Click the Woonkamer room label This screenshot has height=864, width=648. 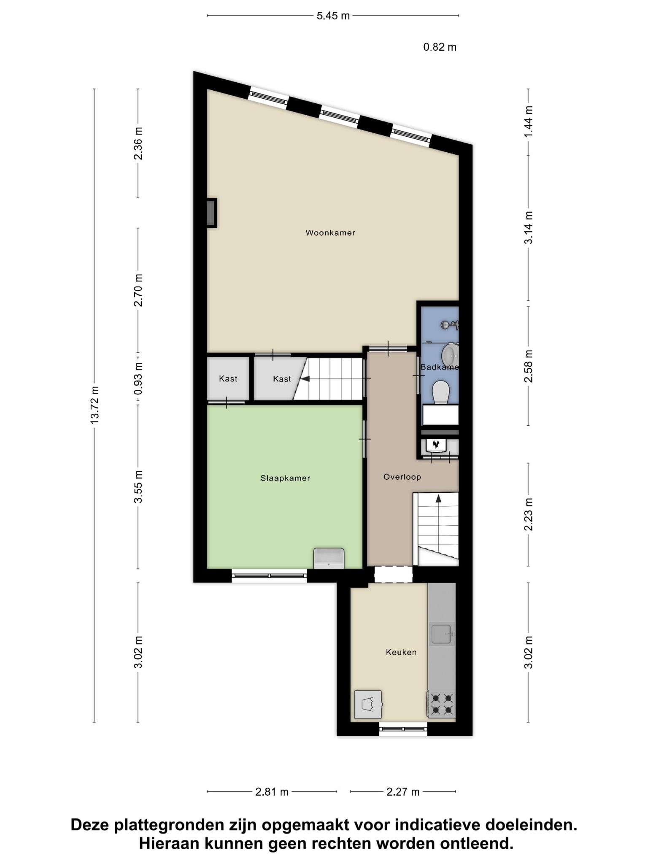pyautogui.click(x=330, y=232)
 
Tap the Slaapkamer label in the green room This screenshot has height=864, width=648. pyautogui.click(x=285, y=478)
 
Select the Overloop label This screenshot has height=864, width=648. pyautogui.click(x=402, y=477)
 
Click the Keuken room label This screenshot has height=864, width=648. pyautogui.click(x=401, y=652)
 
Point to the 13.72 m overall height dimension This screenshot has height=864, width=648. pyautogui.click(x=94, y=405)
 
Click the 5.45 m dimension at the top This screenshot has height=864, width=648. pyautogui.click(x=333, y=16)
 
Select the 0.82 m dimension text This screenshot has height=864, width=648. pyautogui.click(x=440, y=47)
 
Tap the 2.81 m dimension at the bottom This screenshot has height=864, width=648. pyautogui.click(x=272, y=792)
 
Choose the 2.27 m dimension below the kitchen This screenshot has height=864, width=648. pyautogui.click(x=403, y=792)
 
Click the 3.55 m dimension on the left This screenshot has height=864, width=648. pyautogui.click(x=138, y=487)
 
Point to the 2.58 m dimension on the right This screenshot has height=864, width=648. pyautogui.click(x=528, y=366)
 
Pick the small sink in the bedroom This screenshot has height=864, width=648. pyautogui.click(x=329, y=558)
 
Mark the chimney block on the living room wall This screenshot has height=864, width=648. pyautogui.click(x=211, y=213)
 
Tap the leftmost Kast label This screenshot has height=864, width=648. pyautogui.click(x=228, y=378)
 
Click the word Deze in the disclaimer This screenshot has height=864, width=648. pyautogui.click(x=90, y=825)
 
